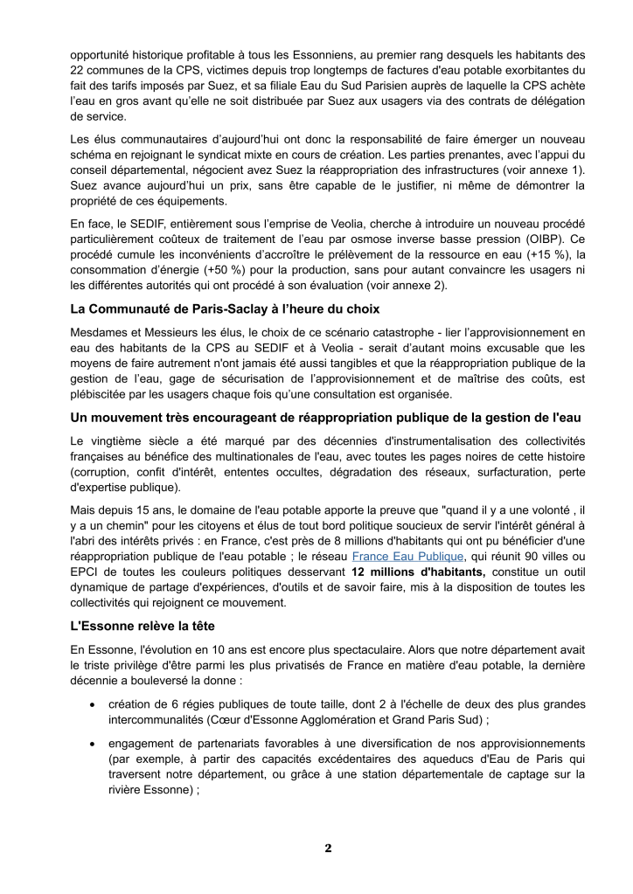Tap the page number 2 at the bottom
(x=328, y=849)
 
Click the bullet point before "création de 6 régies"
(x=93, y=704)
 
